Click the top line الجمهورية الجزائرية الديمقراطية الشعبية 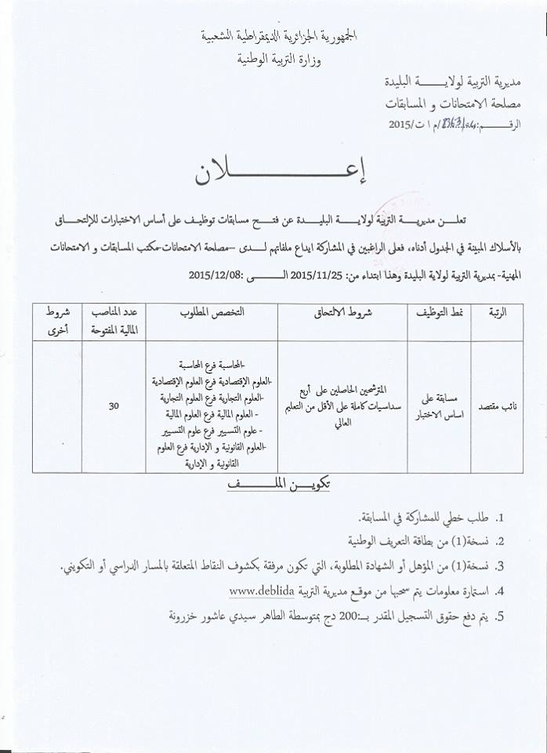[273, 36]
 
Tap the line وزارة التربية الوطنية [273, 58]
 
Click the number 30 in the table [114, 406]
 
